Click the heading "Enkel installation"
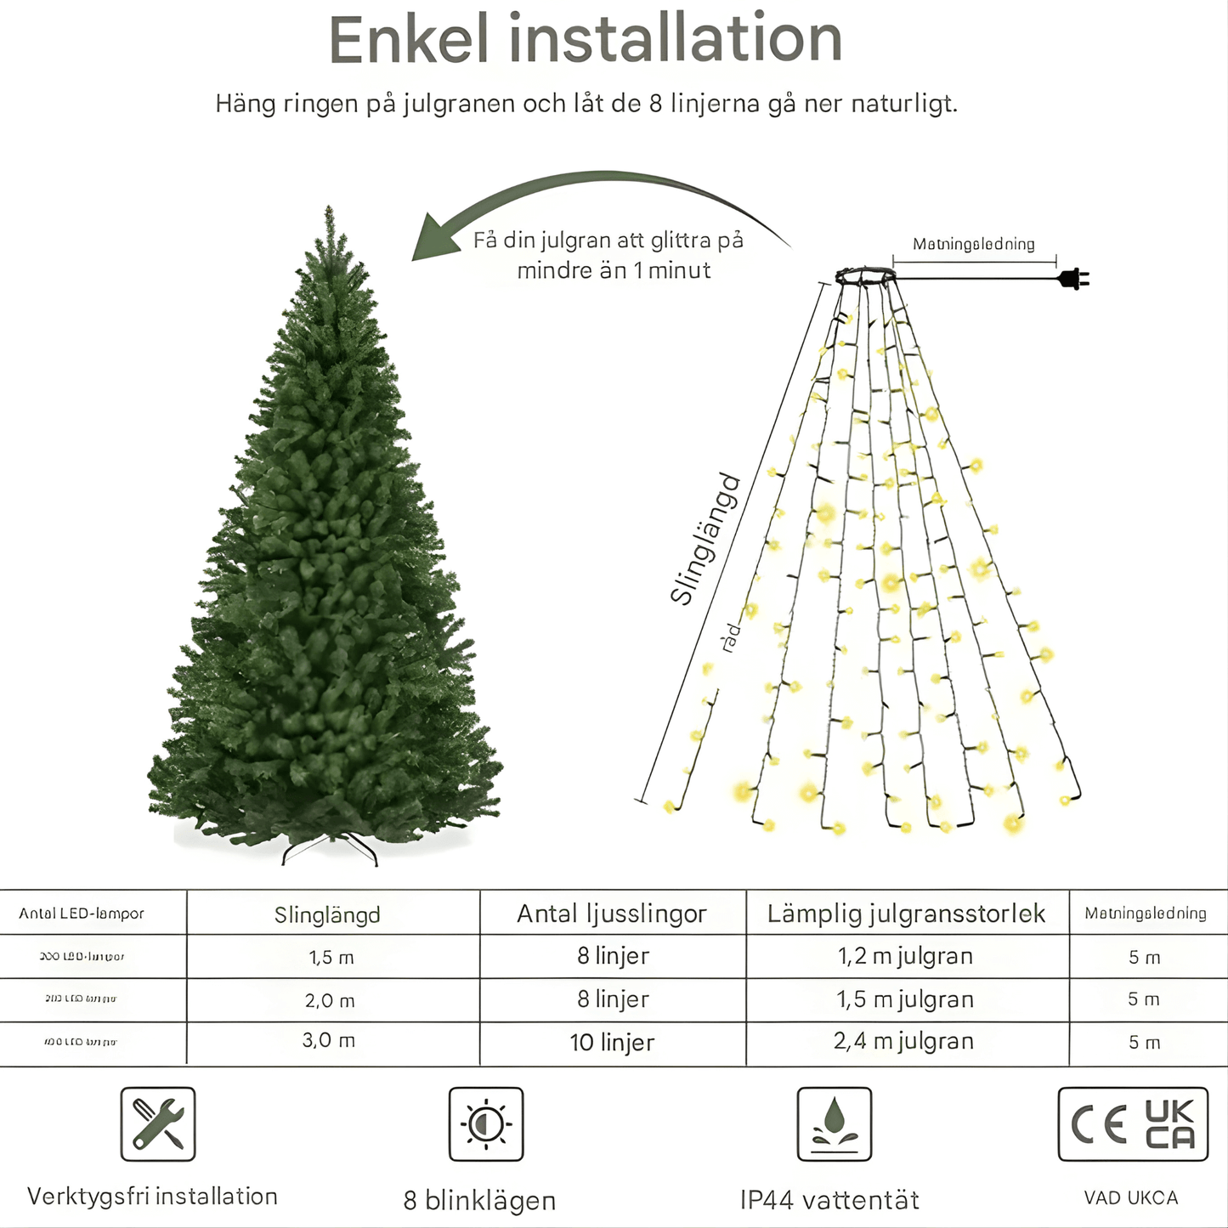(585, 40)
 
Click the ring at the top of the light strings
(864, 276)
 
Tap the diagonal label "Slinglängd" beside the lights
(705, 539)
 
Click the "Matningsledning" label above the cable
(973, 245)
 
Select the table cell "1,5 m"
(331, 958)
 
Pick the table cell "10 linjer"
(612, 1043)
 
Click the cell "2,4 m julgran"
(903, 1042)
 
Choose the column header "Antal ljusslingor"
(612, 914)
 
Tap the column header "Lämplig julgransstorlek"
(906, 914)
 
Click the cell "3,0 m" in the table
(329, 1041)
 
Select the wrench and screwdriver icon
(158, 1123)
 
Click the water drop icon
(834, 1123)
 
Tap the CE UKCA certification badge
(1133, 1123)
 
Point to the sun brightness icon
(486, 1123)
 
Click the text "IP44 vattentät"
(829, 1200)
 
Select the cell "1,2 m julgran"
(905, 957)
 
